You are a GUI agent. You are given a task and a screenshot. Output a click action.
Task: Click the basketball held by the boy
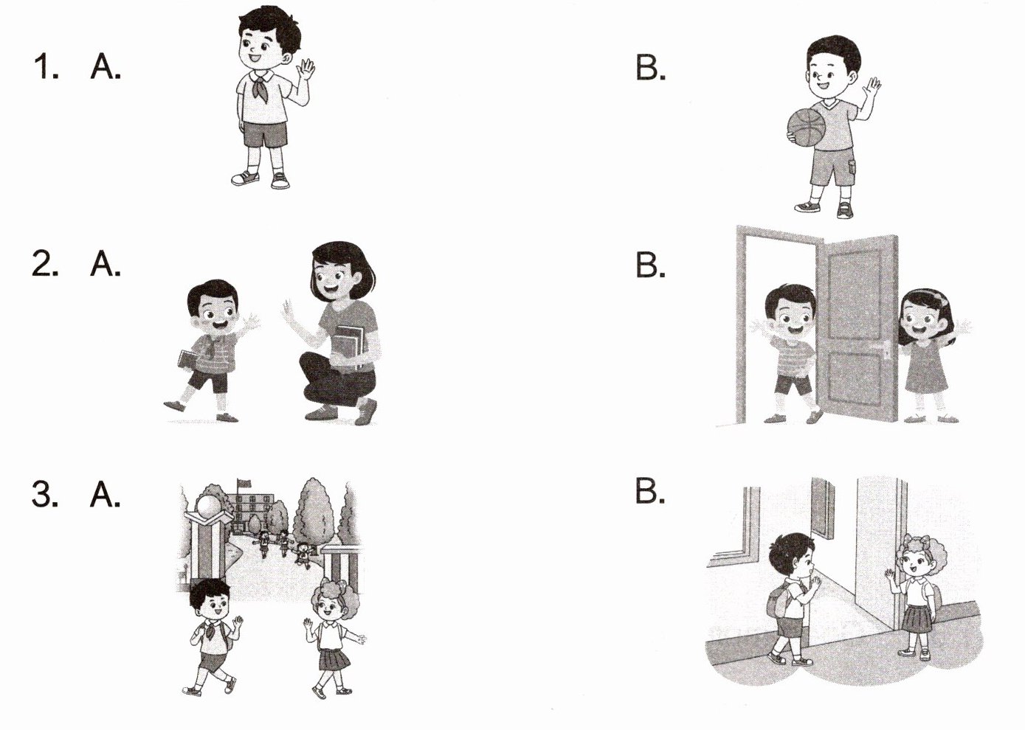tap(807, 128)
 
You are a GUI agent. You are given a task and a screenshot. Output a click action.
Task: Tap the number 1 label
tap(46, 67)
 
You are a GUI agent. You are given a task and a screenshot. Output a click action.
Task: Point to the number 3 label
tap(45, 494)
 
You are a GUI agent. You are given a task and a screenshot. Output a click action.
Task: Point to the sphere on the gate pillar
tap(208, 506)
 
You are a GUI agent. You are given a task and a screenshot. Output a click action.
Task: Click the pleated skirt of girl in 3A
tap(334, 660)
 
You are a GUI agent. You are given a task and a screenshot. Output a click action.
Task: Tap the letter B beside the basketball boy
tap(650, 68)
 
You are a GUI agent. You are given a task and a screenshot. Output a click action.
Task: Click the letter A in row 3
tap(106, 494)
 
